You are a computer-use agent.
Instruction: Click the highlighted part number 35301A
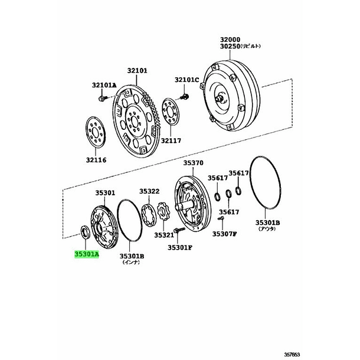(87, 254)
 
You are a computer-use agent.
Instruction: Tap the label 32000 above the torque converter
(230, 40)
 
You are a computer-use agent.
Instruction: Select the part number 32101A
(104, 85)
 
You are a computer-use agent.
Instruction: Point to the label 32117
(171, 140)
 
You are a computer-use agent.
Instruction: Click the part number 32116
(96, 160)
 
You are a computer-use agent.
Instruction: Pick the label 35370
(193, 163)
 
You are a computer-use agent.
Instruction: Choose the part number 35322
(149, 191)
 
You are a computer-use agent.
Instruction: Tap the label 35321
(164, 235)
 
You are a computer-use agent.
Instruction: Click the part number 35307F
(224, 234)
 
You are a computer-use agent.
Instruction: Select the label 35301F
(180, 247)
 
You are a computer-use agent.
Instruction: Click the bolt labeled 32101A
(102, 99)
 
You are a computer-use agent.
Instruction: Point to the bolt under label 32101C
(185, 96)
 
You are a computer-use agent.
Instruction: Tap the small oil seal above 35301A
(85, 233)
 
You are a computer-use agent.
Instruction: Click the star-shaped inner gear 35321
(163, 211)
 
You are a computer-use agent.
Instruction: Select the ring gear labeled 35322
(149, 215)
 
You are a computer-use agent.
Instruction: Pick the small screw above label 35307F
(221, 218)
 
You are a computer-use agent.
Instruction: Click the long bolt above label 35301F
(179, 230)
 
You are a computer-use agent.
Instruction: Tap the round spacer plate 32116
(96, 132)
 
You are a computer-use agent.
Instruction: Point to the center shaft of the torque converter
(220, 99)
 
